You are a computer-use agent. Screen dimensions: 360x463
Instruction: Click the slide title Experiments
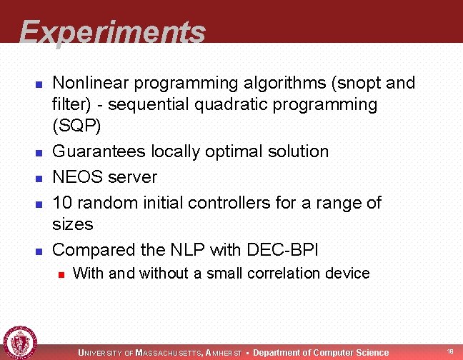pyautogui.click(x=112, y=32)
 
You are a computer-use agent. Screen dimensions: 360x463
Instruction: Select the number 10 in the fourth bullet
pyautogui.click(x=63, y=203)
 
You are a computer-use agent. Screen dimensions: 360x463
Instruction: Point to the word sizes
pyautogui.click(x=73, y=224)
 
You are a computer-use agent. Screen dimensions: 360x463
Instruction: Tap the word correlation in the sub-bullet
pyautogui.click(x=268, y=273)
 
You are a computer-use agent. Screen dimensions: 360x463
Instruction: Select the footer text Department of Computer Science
pyautogui.click(x=321, y=352)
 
